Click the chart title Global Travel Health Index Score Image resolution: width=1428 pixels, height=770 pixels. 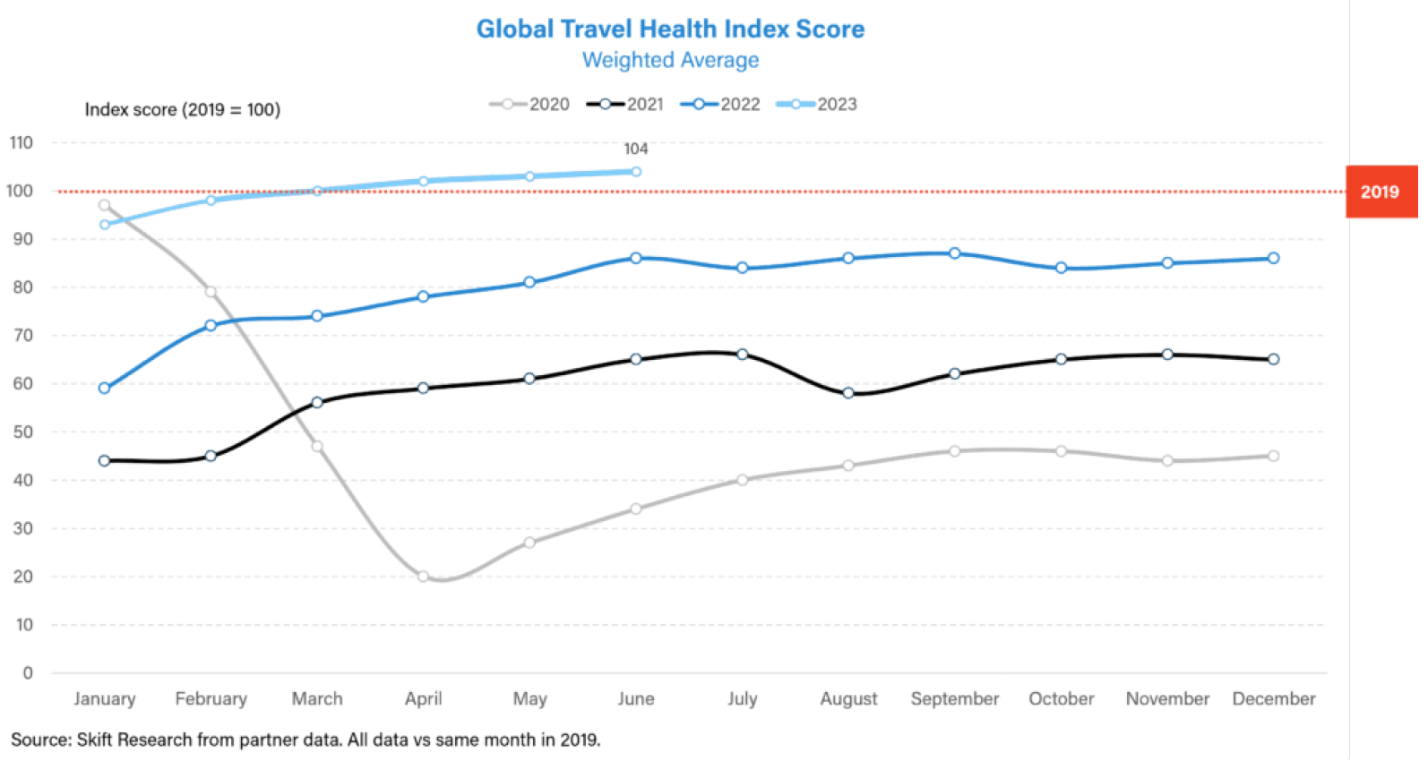pyautogui.click(x=670, y=30)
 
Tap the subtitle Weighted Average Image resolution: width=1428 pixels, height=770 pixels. pyautogui.click(x=670, y=61)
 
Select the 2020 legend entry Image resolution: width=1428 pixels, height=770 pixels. pyautogui.click(x=530, y=105)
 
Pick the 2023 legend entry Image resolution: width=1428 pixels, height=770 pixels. pyautogui.click(x=817, y=105)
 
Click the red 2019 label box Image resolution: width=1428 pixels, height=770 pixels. pyautogui.click(x=1381, y=192)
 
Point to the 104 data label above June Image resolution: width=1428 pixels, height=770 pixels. pyautogui.click(x=636, y=150)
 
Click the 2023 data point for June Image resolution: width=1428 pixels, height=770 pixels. pyautogui.click(x=636, y=172)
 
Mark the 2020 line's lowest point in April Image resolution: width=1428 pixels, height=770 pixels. pyautogui.click(x=423, y=577)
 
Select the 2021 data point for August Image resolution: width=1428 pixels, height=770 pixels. pyautogui.click(x=848, y=393)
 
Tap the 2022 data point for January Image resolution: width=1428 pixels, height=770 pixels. pyautogui.click(x=105, y=389)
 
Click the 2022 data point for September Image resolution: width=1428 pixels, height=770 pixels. pyautogui.click(x=955, y=253)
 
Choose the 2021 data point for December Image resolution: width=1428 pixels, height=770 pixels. pyautogui.click(x=1274, y=360)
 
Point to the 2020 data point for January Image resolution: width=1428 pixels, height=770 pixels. pyautogui.click(x=105, y=205)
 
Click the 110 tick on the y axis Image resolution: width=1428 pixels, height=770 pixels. pyautogui.click(x=21, y=143)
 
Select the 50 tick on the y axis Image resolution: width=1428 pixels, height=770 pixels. pyautogui.click(x=22, y=432)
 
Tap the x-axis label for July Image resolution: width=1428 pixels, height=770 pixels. pyautogui.click(x=743, y=699)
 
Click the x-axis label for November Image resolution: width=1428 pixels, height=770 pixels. pyautogui.click(x=1167, y=699)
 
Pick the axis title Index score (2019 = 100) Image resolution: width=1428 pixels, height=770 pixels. pyautogui.click(x=183, y=110)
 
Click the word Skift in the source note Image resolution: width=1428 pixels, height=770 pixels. pyautogui.click(x=94, y=740)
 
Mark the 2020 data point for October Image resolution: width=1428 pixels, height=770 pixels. pyautogui.click(x=1062, y=451)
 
